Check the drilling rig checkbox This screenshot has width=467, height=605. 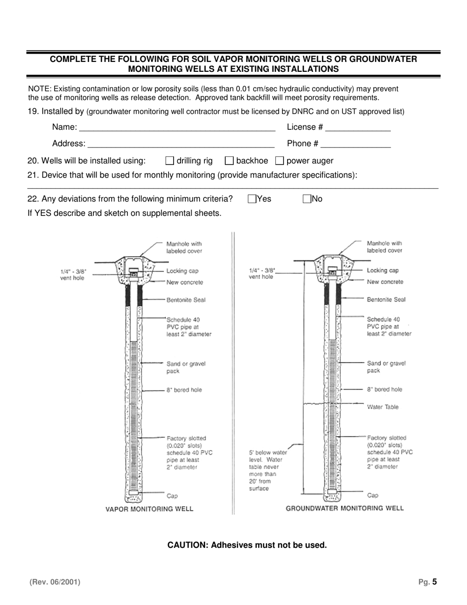tap(170, 160)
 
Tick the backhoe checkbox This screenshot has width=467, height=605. tap(229, 160)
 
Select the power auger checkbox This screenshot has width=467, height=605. tap(279, 160)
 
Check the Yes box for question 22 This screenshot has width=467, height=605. tap(252, 199)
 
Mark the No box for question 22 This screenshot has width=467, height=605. tap(307, 199)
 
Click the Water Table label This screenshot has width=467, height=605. tap(382, 407)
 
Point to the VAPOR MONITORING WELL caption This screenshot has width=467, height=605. tap(149, 509)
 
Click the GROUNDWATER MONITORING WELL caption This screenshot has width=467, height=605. tap(345, 508)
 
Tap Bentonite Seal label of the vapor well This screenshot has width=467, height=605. tap(186, 300)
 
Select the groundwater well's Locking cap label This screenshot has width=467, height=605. tap(382, 271)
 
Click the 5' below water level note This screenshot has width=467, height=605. tap(267, 470)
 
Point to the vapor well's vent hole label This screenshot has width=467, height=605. tap(72, 274)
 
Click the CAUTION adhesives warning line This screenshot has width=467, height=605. tap(247, 545)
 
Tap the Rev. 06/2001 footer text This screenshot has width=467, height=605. tap(55, 582)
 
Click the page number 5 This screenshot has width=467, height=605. tap(434, 582)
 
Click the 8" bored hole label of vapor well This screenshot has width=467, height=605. tap(184, 390)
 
